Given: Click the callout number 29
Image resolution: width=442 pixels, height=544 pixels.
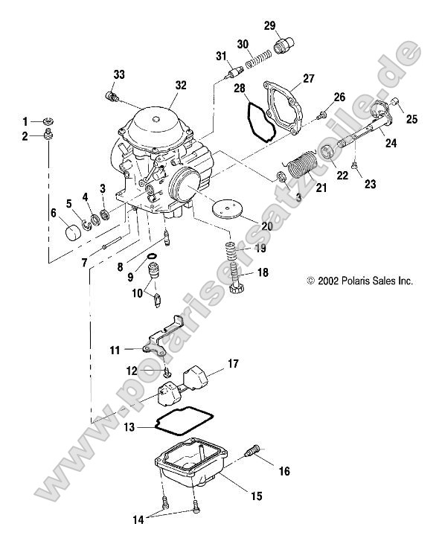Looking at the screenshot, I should click(x=269, y=26).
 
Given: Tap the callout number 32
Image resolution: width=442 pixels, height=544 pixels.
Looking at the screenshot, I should click(x=181, y=86).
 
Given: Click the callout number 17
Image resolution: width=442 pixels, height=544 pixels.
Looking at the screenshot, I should click(x=233, y=364).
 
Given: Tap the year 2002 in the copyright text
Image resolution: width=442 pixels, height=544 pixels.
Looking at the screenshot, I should click(x=329, y=281).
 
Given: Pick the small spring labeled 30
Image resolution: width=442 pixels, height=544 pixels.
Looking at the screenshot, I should click(x=258, y=59).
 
